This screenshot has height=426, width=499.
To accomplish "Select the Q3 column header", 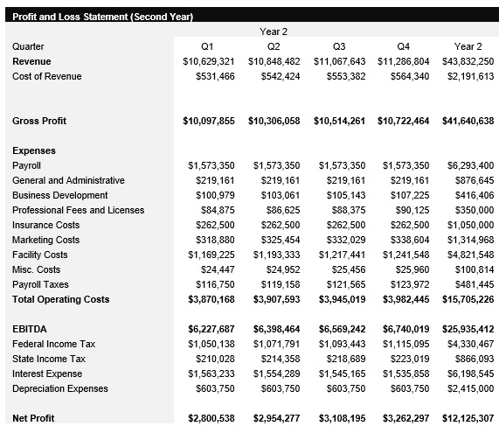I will (339, 46).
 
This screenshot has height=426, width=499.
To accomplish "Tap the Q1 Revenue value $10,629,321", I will (209, 61).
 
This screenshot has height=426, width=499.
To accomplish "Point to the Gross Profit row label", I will (39, 121).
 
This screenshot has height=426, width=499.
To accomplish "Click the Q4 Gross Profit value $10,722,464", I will (404, 121).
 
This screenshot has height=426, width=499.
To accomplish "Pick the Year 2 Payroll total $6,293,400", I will (470, 165).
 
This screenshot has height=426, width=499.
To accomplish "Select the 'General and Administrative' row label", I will (68, 180).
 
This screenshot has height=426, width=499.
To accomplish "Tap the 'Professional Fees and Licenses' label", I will (79, 210).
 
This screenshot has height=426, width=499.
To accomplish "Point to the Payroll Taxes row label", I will (41, 284).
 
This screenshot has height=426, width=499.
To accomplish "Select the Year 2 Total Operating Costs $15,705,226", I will (468, 299).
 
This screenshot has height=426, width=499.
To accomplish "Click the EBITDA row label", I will (29, 329).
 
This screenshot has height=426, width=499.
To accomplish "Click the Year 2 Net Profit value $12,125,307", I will (468, 418).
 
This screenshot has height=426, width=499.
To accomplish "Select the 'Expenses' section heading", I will (34, 150).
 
